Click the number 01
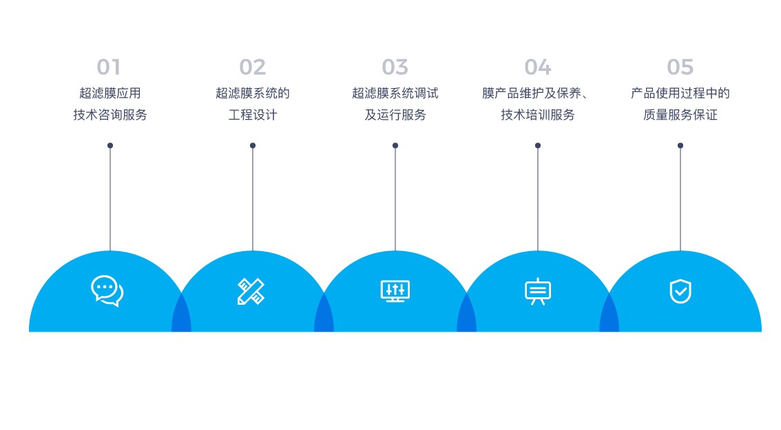(109, 67)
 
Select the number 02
(253, 67)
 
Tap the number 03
(395, 67)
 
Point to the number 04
(538, 67)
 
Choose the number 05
(680, 67)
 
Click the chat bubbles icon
(107, 290)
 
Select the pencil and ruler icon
(251, 291)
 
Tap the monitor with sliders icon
(395, 291)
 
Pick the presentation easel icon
(538, 292)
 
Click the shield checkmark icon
(680, 291)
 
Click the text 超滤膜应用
(110, 93)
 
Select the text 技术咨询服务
(110, 115)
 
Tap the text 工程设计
(253, 115)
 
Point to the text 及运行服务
(395, 115)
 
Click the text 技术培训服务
(538, 115)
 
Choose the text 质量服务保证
(680, 115)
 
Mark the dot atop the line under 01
(110, 145)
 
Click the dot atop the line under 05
(680, 145)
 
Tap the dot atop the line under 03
(395, 145)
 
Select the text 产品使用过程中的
(680, 93)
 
